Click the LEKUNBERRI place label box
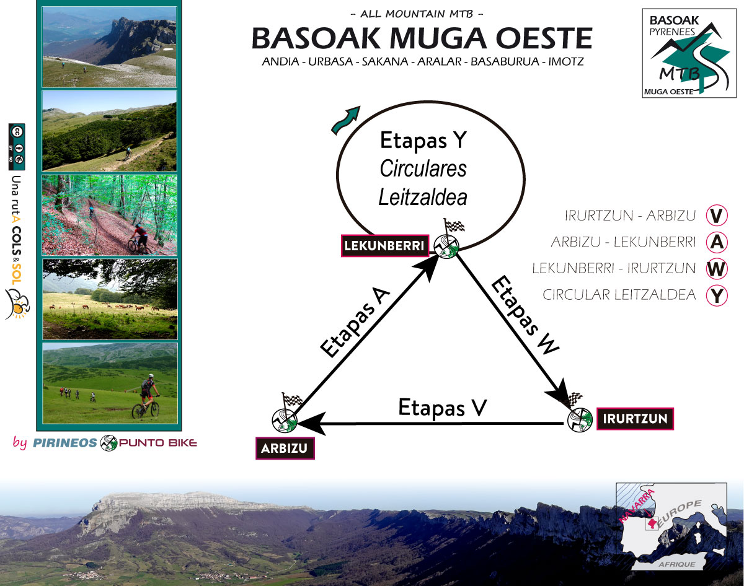pos(385,246)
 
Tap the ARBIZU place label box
pos(285,448)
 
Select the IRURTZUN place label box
pos(634,419)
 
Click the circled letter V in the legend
pos(717,216)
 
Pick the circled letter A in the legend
pos(717,242)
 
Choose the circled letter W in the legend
pos(717,269)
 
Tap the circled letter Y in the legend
pos(717,295)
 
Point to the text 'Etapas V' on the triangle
pos(443,408)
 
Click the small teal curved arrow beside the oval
pos(345,120)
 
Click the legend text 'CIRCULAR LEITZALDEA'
pos(619,295)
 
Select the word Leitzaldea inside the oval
pos(422,197)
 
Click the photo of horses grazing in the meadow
pos(110,299)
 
